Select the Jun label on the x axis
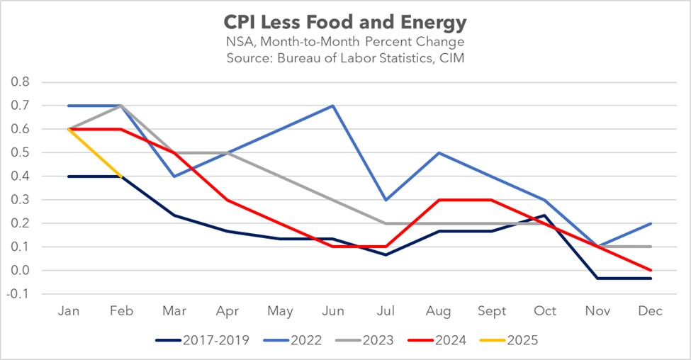[x=332, y=313]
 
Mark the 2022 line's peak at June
[x=332, y=106]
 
